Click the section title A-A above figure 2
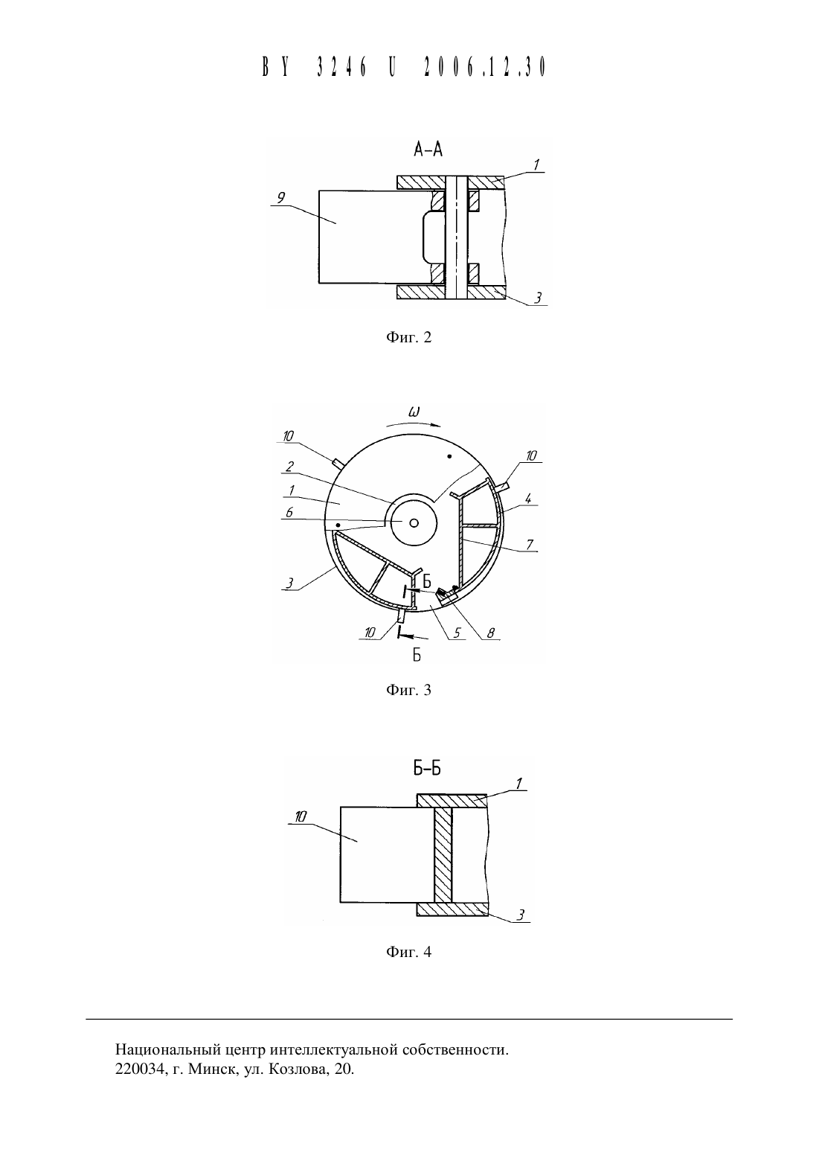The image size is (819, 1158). pyautogui.click(x=428, y=150)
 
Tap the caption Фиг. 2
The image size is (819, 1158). pyautogui.click(x=408, y=338)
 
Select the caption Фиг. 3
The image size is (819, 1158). pyautogui.click(x=408, y=690)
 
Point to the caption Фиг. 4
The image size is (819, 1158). pyautogui.click(x=408, y=952)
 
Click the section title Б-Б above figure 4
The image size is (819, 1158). pyautogui.click(x=427, y=769)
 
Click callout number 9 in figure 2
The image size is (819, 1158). pyautogui.click(x=281, y=198)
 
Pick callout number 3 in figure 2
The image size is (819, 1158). pyautogui.click(x=538, y=298)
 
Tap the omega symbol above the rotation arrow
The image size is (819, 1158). pyautogui.click(x=414, y=412)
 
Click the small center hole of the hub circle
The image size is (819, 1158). pyautogui.click(x=414, y=523)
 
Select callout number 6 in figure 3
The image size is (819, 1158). pyautogui.click(x=289, y=512)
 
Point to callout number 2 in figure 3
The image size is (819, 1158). pyautogui.click(x=289, y=467)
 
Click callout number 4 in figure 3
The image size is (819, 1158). pyautogui.click(x=528, y=499)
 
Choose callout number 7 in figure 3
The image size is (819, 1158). pyautogui.click(x=530, y=544)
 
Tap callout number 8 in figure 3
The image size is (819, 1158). pyautogui.click(x=491, y=633)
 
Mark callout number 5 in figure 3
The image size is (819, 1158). pyautogui.click(x=457, y=633)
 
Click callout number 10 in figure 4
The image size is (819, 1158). pyautogui.click(x=301, y=816)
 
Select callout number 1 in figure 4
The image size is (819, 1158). pyautogui.click(x=518, y=784)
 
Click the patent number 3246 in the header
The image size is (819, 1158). pyautogui.click(x=341, y=67)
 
